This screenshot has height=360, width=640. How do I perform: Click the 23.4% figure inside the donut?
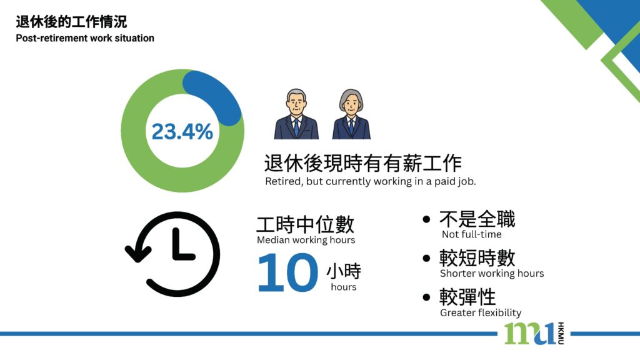pos(182,131)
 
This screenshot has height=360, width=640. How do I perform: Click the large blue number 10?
pos(287,272)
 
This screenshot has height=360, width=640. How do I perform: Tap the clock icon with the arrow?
pos(172,254)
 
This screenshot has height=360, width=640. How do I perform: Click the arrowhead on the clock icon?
pos(138,253)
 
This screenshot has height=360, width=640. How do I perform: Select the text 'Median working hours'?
pos(306,240)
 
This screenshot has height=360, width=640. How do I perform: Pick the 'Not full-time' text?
pos(471,234)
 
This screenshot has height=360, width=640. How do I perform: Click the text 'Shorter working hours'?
pos(492,274)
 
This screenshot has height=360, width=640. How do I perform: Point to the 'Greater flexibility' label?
pos(481,313)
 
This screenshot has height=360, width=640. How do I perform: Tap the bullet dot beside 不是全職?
pos(426,219)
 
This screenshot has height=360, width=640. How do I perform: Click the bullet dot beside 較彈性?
pos(426,297)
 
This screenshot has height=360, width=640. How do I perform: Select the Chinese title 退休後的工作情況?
pos(71,22)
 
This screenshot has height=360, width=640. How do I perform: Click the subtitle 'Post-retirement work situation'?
pos(85,38)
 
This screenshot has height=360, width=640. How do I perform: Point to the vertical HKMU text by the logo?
pos(561,333)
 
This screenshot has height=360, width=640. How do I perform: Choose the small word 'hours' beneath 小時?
pos(343,287)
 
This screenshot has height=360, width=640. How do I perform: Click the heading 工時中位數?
pos(305,224)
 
